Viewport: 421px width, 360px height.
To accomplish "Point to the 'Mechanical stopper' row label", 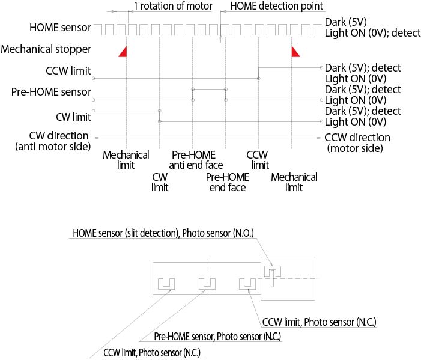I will point(47,49).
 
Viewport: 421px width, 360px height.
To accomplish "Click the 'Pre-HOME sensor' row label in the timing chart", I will point(51,92).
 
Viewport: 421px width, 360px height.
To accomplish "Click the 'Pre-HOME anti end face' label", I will point(196,160).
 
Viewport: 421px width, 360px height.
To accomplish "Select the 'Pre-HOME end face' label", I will point(228,182).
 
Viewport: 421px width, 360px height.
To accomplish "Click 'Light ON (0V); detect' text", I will point(372,34).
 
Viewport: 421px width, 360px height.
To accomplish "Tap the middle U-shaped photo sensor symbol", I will point(207,283).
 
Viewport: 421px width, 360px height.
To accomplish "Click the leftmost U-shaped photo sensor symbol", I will point(166,283).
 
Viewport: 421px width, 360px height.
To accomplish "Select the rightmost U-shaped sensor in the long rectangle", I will point(247,283).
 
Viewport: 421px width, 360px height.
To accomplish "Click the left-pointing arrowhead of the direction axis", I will point(95,137).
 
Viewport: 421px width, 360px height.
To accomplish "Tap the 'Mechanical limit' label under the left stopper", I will point(117,160).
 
